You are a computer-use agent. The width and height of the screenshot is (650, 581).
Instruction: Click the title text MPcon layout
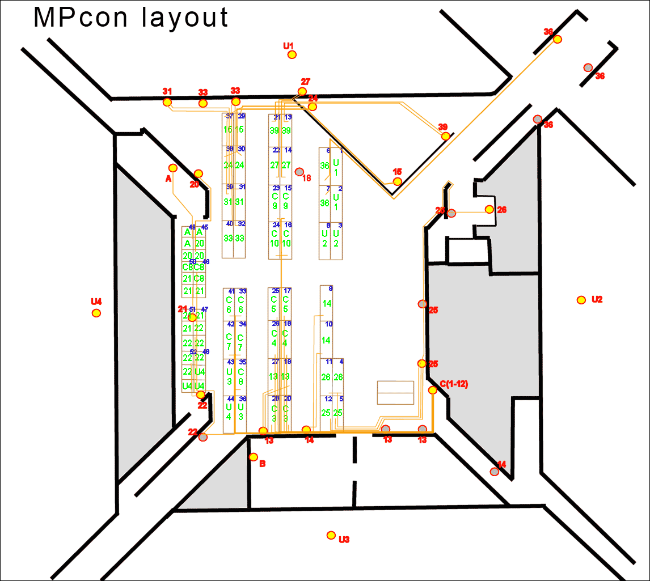click(x=131, y=18)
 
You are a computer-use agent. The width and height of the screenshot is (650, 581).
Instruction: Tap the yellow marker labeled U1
click(x=292, y=54)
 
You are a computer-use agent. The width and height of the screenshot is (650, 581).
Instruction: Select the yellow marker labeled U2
click(x=581, y=300)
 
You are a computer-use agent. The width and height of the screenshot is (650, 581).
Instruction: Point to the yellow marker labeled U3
click(x=331, y=535)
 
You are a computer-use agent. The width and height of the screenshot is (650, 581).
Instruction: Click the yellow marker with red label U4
click(x=96, y=313)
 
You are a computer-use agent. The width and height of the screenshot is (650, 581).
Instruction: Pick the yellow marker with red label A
click(x=173, y=168)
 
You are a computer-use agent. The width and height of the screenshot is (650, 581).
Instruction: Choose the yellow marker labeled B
click(x=254, y=457)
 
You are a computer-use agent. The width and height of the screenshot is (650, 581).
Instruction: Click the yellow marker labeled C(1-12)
click(x=433, y=390)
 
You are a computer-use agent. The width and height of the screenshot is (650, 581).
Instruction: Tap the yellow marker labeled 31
click(x=167, y=102)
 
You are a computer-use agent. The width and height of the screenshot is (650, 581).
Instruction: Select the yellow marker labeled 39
click(x=446, y=136)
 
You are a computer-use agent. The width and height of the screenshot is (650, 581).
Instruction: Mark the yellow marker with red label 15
click(x=398, y=181)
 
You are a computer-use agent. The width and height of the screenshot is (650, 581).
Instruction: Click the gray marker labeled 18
click(x=299, y=172)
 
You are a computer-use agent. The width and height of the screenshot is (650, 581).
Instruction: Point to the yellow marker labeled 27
click(x=302, y=91)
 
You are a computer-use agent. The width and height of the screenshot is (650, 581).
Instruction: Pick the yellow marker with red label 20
click(x=198, y=173)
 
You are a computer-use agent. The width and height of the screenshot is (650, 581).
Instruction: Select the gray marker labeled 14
click(x=495, y=472)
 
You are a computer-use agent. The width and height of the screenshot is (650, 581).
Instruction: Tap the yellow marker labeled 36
click(x=558, y=39)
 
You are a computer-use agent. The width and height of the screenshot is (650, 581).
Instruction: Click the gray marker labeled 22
click(x=203, y=437)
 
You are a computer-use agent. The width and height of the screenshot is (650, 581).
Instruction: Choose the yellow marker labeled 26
click(x=489, y=209)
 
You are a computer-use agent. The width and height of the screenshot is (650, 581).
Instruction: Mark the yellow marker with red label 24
click(x=313, y=107)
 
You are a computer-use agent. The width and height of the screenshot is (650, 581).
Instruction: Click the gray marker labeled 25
click(x=422, y=304)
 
